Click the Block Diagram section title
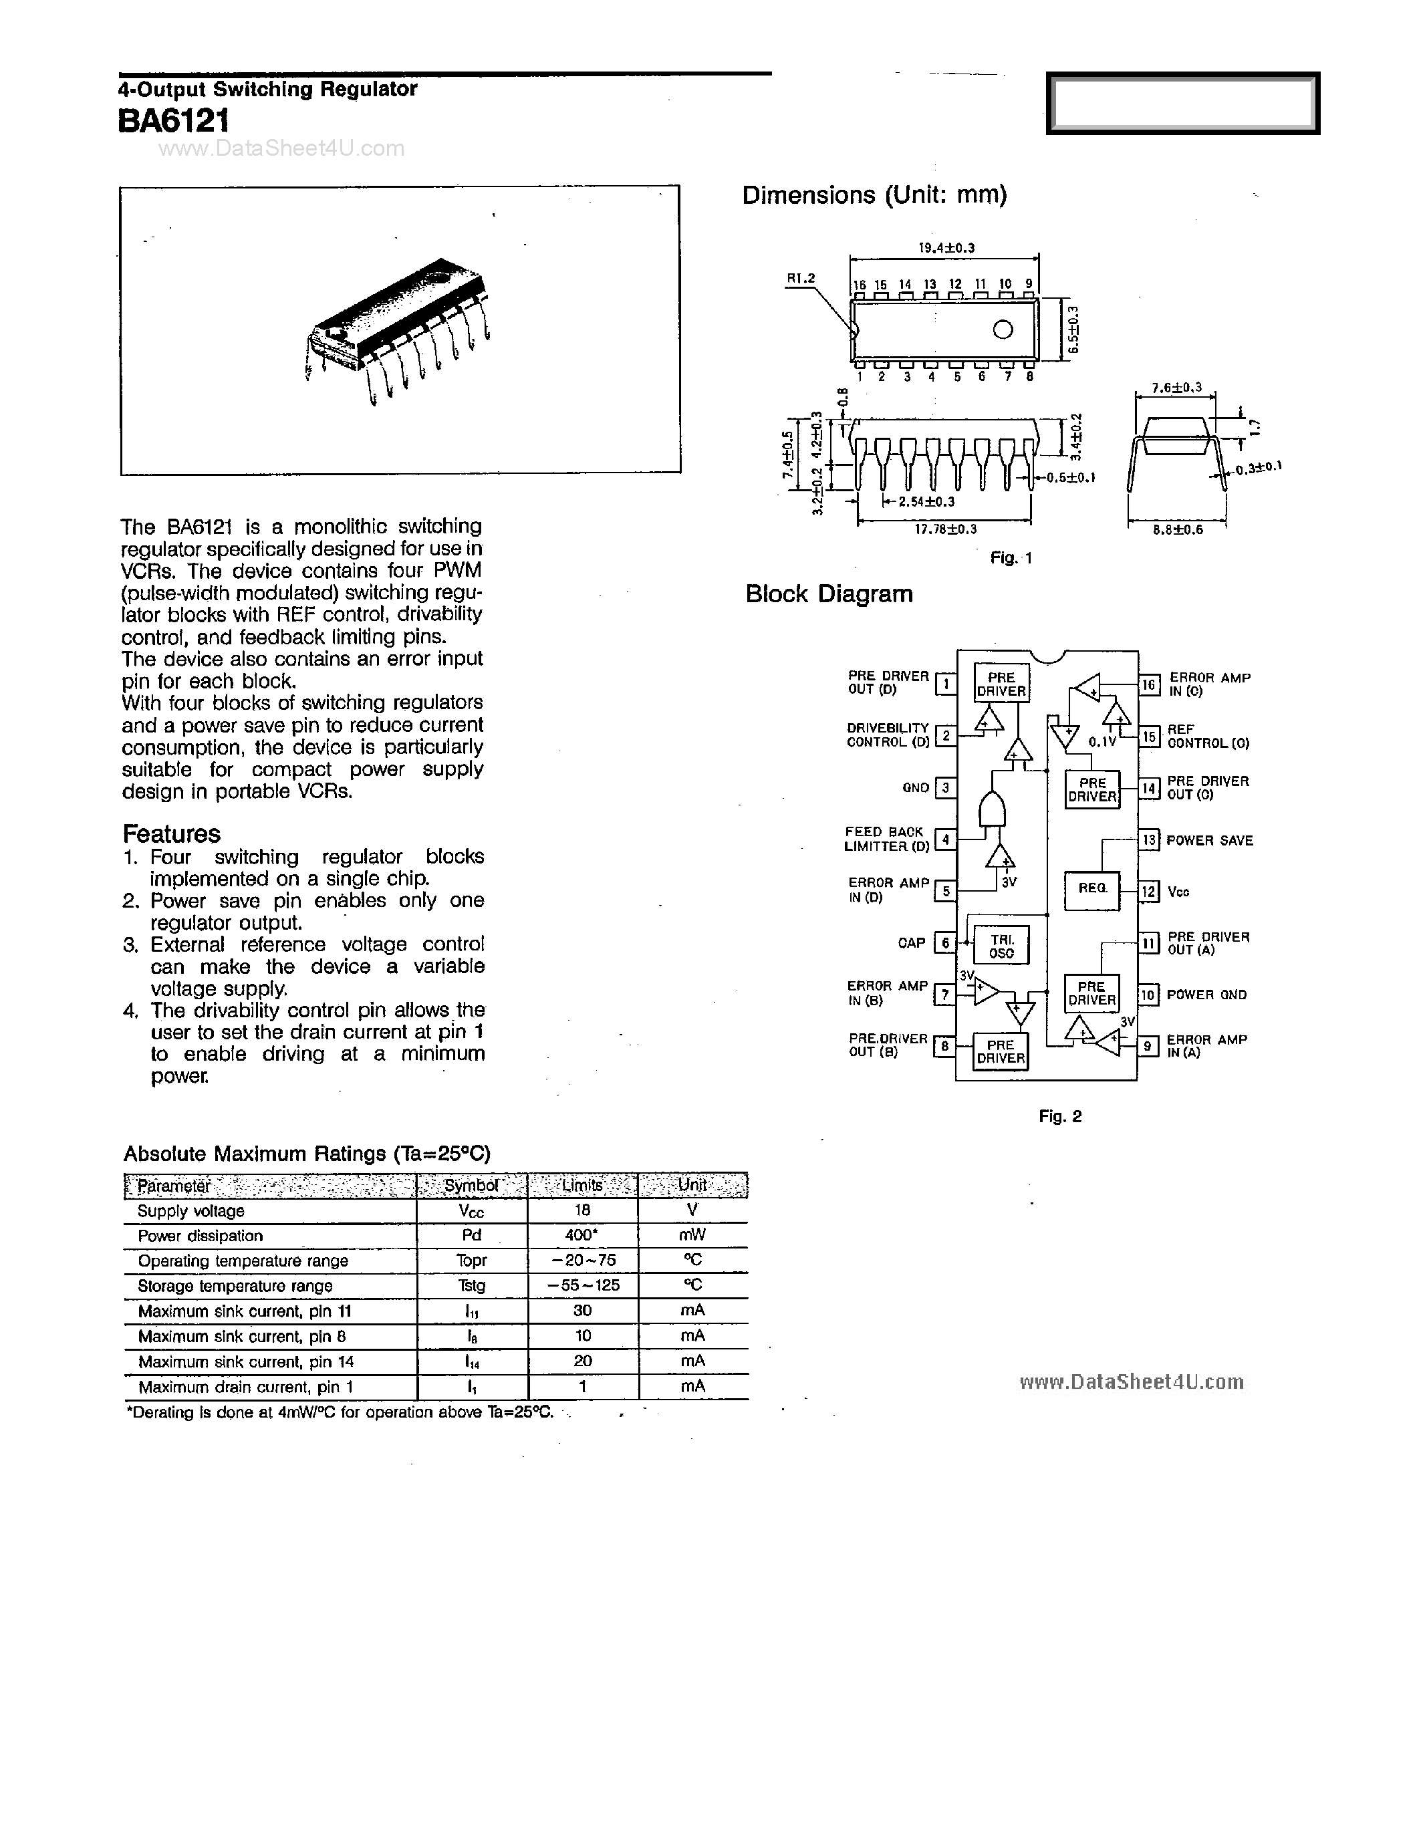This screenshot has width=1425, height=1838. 828,594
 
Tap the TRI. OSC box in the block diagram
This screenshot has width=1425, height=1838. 1002,946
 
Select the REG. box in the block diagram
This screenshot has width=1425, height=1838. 1091,889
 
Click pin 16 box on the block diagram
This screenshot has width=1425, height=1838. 1149,685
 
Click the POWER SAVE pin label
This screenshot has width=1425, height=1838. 1210,841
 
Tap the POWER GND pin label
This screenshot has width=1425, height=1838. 1206,995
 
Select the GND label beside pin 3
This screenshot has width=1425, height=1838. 916,788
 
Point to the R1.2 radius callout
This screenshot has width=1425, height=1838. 801,279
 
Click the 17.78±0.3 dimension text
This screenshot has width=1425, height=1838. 945,529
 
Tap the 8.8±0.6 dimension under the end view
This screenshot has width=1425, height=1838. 1178,530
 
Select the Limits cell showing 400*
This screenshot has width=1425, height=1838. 582,1235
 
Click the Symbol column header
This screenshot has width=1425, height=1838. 471,1186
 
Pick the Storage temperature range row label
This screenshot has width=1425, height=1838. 235,1286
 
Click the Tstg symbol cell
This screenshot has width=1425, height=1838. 471,1286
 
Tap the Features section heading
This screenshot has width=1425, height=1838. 172,834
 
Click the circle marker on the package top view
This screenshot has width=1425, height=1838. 1003,330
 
